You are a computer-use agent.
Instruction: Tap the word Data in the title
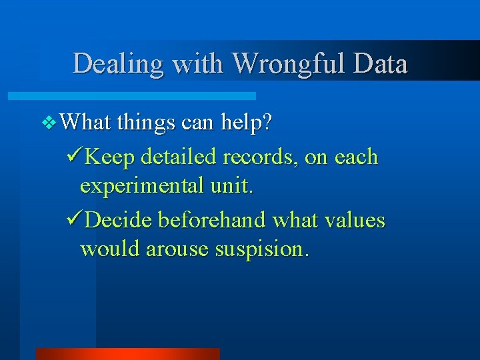(x=381, y=64)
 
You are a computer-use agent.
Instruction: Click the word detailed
(x=177, y=157)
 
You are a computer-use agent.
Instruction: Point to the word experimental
(x=141, y=187)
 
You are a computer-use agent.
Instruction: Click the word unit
(x=231, y=187)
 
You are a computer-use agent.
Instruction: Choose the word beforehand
(x=211, y=219)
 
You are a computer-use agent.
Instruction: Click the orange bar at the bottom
(x=127, y=353)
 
